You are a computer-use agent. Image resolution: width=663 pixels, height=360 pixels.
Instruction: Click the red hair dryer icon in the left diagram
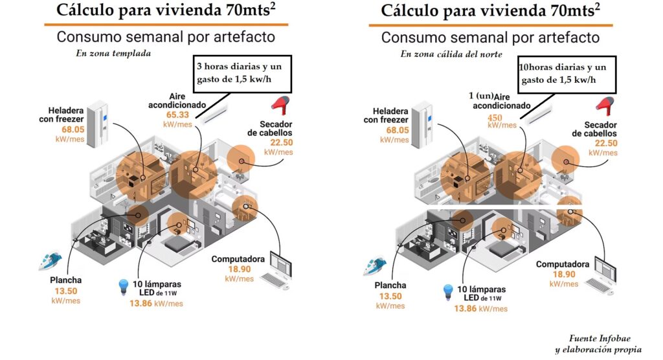point(280,106)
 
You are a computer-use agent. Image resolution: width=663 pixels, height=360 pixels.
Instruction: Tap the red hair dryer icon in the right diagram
point(605,106)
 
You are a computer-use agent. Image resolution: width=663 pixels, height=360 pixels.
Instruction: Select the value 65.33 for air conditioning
point(177,115)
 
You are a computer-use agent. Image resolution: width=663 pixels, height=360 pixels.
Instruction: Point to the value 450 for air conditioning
point(495,117)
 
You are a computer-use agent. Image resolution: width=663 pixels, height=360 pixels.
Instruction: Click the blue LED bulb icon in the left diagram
point(123,287)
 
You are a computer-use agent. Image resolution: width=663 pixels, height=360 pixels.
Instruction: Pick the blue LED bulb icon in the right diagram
point(448,292)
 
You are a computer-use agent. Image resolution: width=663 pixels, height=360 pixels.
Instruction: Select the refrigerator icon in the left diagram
point(98,124)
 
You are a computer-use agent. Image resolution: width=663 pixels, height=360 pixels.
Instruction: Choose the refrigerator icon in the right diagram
point(422,125)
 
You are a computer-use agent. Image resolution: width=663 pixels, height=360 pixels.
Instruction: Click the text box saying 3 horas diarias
point(242,74)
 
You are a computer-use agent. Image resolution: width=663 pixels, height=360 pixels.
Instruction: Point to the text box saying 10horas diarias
point(567,75)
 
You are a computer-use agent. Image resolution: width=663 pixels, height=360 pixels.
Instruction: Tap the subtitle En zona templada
point(113,53)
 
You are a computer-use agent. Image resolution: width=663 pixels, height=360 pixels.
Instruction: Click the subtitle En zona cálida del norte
point(451,54)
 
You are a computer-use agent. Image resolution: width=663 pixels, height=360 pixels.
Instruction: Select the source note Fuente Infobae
point(599,339)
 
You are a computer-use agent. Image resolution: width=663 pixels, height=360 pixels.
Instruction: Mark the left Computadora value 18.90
point(240,269)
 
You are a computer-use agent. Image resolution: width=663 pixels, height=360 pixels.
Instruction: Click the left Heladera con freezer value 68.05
point(73,129)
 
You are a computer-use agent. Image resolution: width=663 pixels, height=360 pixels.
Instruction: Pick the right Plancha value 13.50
point(390,296)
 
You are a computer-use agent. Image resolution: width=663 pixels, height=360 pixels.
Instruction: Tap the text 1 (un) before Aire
point(481,96)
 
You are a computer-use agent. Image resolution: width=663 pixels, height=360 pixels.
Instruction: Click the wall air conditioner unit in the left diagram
point(214,115)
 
